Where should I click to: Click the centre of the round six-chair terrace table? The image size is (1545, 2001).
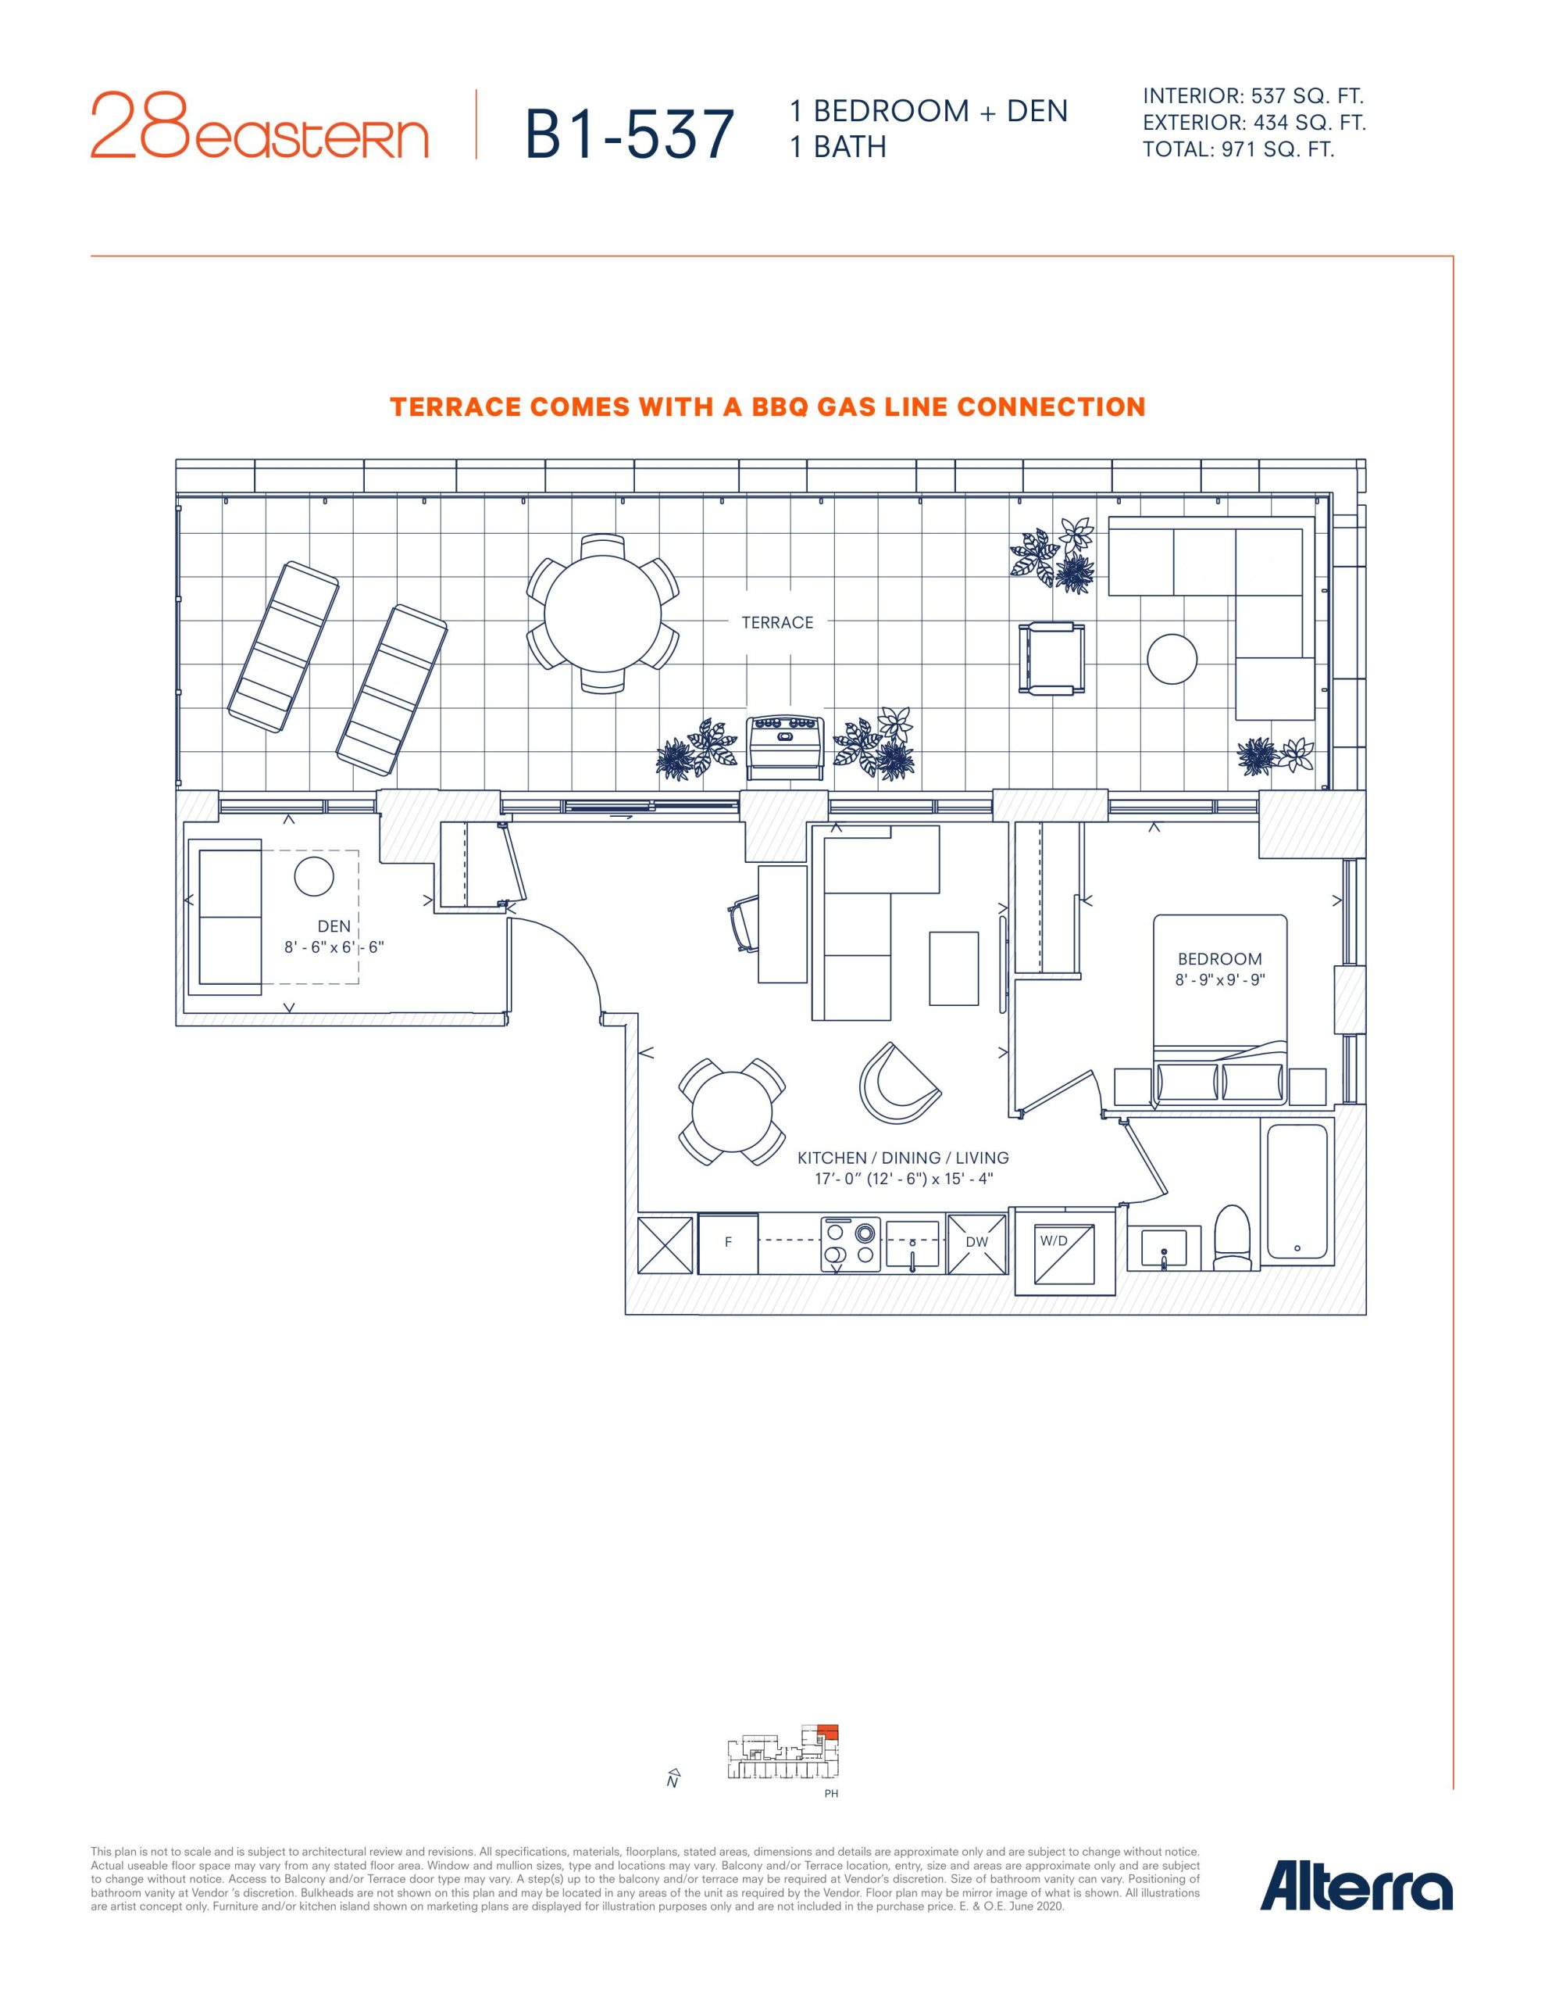pos(603,614)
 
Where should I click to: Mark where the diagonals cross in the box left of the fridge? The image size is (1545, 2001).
pos(665,1244)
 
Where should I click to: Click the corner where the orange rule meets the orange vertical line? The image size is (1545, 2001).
pos(1453,256)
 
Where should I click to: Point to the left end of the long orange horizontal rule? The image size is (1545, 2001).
pos(91,256)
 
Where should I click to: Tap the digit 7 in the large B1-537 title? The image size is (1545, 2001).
pos(715,134)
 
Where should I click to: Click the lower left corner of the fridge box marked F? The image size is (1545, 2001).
pos(699,1273)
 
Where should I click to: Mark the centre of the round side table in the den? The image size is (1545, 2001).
pos(313,878)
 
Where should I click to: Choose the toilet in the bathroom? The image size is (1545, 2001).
pos(1233,1239)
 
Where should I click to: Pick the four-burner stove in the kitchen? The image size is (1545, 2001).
pos(851,1244)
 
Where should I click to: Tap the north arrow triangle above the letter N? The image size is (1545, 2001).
pos(673,1770)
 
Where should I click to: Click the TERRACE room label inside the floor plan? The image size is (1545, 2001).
pos(777,623)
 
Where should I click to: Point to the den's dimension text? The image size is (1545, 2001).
pos(334,947)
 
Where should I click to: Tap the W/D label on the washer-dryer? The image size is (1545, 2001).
pos(1054,1240)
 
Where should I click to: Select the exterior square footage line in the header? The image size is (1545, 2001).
pos(1254,122)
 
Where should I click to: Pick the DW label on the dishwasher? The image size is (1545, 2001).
pos(976,1242)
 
